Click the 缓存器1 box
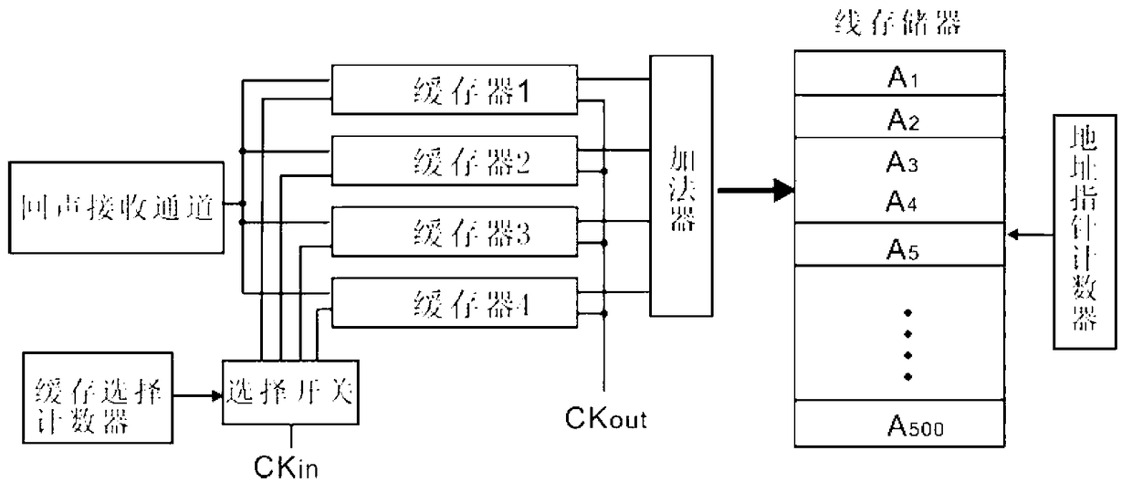[455, 89]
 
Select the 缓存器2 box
[455, 161]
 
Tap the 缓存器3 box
[455, 232]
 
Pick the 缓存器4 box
[455, 302]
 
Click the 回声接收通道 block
[116, 207]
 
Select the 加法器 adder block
[681, 186]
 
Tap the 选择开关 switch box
[290, 393]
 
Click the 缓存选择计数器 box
[98, 398]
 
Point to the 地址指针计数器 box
[1085, 232]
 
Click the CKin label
[286, 467]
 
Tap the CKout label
[606, 419]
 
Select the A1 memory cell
[899, 72]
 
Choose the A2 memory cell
[899, 116]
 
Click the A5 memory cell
[899, 245]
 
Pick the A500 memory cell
[899, 424]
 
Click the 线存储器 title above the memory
[898, 23]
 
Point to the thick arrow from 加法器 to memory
[756, 191]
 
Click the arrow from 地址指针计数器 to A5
[1031, 235]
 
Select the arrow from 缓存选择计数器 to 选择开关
[198, 395]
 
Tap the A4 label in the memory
[901, 201]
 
